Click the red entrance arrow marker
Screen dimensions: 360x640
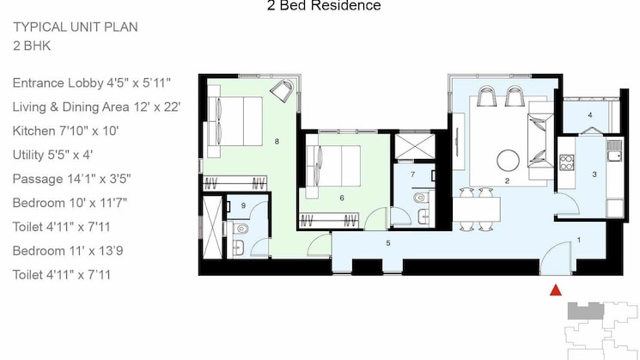click(555, 290)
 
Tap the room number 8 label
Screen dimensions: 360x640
click(277, 140)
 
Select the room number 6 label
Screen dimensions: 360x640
click(341, 198)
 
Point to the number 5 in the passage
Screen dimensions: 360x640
click(388, 244)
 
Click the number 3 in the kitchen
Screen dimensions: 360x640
click(594, 174)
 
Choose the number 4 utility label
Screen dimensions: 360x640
click(589, 115)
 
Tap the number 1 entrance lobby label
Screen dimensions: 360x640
click(579, 240)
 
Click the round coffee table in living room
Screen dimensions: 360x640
click(508, 160)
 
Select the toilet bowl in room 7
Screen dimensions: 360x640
click(419, 198)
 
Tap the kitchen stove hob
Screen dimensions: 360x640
click(567, 159)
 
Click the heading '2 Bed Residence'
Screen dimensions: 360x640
click(325, 6)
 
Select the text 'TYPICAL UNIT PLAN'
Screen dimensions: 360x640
click(76, 27)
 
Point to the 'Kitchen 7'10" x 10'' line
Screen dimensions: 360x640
click(65, 131)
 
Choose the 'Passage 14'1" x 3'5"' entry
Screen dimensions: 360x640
click(72, 180)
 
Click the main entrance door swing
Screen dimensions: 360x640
click(558, 257)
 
